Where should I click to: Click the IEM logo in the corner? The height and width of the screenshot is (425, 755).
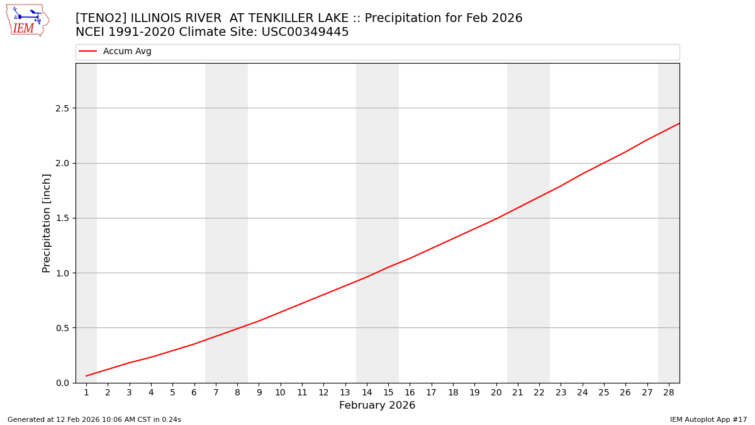pos(27,20)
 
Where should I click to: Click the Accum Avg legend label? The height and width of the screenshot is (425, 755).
pos(127,52)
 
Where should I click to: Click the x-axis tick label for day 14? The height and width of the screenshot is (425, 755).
pos(367,392)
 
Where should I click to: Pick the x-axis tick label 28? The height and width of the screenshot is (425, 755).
pos(669,392)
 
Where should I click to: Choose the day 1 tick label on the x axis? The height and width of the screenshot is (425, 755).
pos(86,392)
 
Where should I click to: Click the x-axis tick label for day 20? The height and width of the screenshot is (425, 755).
pos(496,392)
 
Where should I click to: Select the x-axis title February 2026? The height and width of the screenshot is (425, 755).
pos(377,405)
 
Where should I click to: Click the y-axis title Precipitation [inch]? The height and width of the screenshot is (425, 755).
pos(47,223)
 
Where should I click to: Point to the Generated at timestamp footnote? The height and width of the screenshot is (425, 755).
pos(94,419)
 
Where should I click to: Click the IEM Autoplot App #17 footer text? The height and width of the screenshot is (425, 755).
pos(708,419)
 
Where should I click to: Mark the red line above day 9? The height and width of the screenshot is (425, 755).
pos(259,321)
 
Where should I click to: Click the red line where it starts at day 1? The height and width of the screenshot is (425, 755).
pos(86,376)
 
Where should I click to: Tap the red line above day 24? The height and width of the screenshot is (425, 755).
pos(583,174)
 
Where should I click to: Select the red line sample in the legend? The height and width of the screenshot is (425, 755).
pos(88,52)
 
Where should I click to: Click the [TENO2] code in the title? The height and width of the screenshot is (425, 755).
pos(101,18)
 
